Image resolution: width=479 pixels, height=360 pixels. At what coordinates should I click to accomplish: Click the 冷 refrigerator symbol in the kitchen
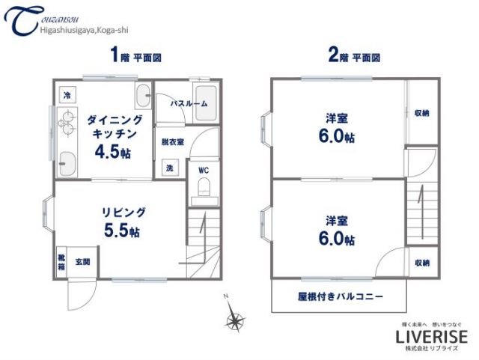pos(67,96)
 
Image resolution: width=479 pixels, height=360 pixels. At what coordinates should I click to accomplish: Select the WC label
pos(203,170)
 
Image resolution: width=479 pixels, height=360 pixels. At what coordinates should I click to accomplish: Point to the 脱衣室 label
pos(172,142)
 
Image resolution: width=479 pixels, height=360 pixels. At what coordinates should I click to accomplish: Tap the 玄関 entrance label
pos(82,262)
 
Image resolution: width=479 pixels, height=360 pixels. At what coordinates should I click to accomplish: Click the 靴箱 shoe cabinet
pos(61,262)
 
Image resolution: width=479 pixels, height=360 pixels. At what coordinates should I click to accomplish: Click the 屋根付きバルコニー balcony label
pos(340,296)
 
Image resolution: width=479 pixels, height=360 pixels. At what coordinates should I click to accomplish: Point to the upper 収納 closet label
pos(421,113)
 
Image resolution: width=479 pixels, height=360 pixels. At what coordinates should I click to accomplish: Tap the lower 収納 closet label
pos(421,263)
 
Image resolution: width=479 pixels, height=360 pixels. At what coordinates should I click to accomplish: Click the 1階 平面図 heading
pos(135,55)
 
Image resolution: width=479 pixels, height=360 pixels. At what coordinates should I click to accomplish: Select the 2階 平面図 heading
pos(354,55)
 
